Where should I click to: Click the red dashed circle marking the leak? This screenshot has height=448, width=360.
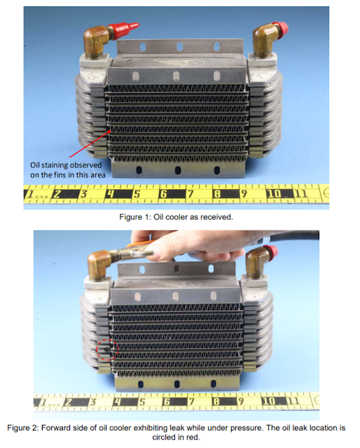point(107,340)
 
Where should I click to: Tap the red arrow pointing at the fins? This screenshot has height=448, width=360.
point(90,143)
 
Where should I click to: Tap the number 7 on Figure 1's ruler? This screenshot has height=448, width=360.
point(190,194)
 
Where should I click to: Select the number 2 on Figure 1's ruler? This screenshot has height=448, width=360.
point(57,194)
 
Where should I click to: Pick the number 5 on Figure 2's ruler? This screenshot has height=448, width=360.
point(142,402)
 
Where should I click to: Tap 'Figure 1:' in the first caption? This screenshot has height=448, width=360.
point(134,217)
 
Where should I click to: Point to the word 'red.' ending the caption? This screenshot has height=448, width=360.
point(193,437)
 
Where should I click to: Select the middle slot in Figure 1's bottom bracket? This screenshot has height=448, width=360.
point(178,170)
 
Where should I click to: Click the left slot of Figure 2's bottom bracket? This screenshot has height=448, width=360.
point(140,384)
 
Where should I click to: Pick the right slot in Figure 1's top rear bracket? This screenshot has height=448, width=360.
point(216,46)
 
